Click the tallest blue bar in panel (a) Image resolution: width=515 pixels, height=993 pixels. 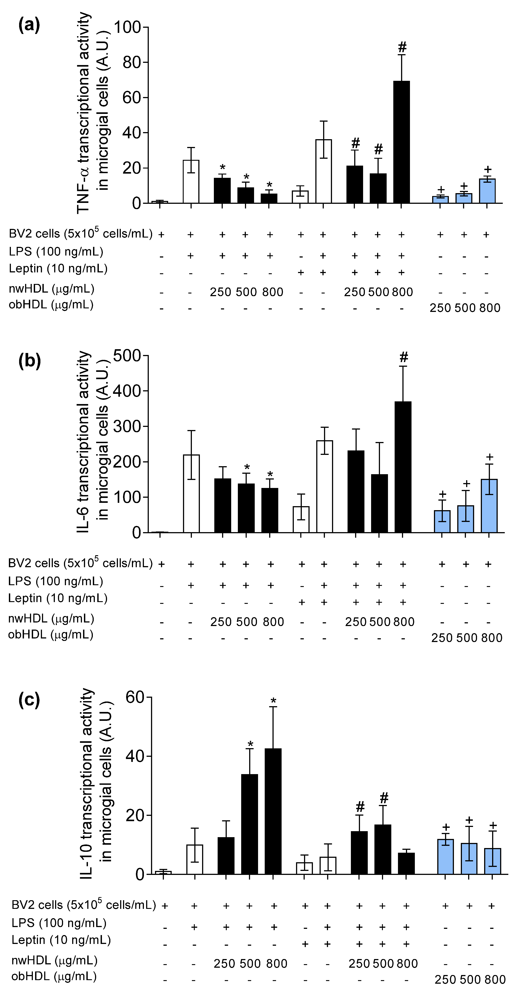(x=487, y=191)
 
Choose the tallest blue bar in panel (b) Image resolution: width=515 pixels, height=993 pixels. (x=489, y=506)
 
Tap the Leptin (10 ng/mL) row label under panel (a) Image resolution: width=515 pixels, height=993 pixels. (x=58, y=269)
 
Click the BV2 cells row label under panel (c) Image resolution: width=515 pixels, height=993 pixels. (x=83, y=905)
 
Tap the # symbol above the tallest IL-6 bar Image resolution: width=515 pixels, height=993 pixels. (x=404, y=357)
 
